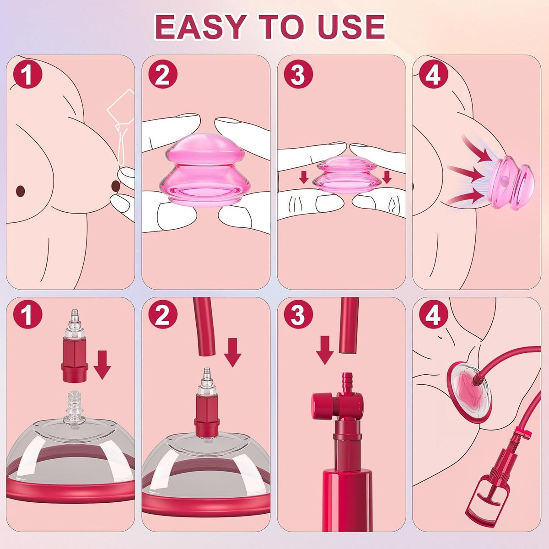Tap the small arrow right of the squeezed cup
click(x=387, y=177)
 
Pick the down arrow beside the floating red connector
click(x=102, y=365)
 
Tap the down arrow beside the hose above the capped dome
click(x=232, y=352)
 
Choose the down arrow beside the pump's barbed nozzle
click(x=325, y=350)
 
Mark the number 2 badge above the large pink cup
click(x=163, y=75)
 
